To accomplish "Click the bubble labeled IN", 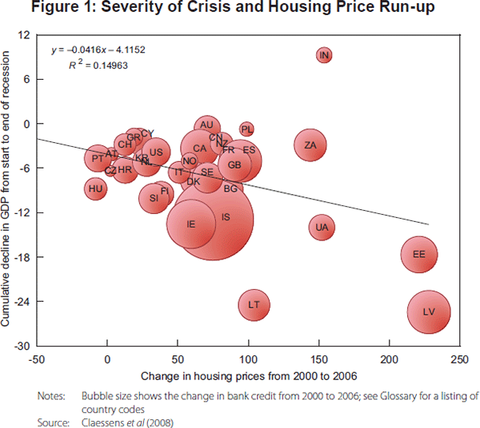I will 324,55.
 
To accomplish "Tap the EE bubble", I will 418,255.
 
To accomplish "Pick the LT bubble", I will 254,304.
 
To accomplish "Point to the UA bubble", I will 322,228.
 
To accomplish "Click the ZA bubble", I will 310,145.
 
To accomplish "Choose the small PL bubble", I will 246,129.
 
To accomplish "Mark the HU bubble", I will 96,189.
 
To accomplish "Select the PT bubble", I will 98,159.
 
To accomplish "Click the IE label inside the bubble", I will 190,224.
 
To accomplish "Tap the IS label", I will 226,217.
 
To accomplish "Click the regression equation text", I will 99,50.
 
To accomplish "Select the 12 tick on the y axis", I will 23,35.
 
